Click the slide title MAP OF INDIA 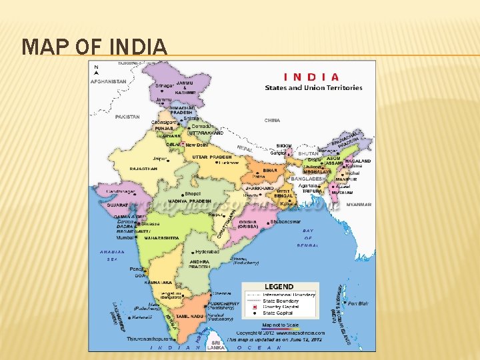click(x=94, y=47)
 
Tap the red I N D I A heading click(x=312, y=77)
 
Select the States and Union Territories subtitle click(x=313, y=88)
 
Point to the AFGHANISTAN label click(x=109, y=81)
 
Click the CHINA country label click(x=272, y=121)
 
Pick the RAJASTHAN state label click(x=143, y=169)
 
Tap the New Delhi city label click(x=197, y=145)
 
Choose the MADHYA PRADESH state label click(x=189, y=201)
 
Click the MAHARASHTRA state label click(x=160, y=237)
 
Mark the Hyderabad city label click(x=207, y=253)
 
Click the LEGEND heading click(x=279, y=287)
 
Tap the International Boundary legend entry click(x=289, y=294)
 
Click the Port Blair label click(x=358, y=303)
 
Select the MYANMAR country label click(x=359, y=205)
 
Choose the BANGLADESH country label click(x=308, y=179)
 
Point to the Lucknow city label click(x=228, y=163)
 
